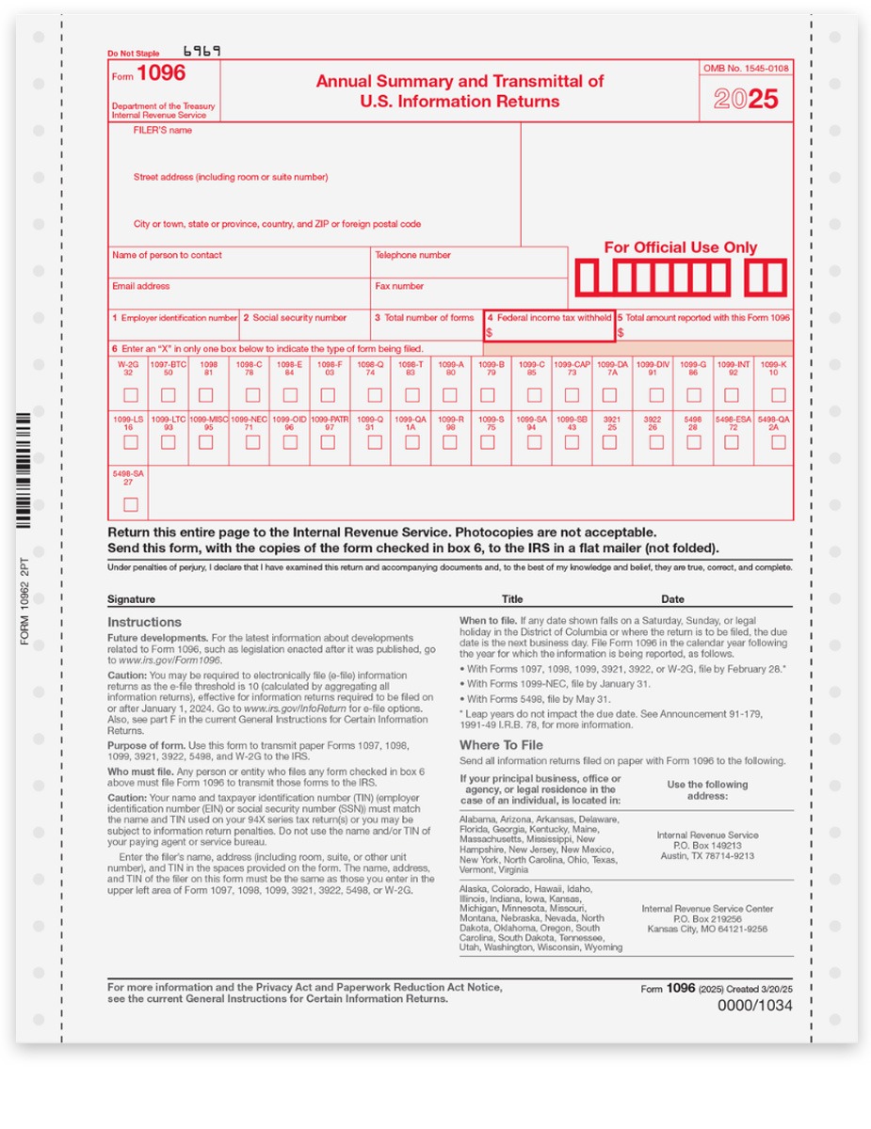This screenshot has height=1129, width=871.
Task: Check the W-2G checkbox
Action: coord(130,395)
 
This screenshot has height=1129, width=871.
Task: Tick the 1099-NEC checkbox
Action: coord(250,442)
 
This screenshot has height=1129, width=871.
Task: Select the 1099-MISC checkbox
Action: coord(209,442)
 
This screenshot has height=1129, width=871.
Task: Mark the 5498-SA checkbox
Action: coord(130,504)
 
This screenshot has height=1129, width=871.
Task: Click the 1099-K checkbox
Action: coord(778,395)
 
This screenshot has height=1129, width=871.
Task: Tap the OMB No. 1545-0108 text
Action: coord(746,69)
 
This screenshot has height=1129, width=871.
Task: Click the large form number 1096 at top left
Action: coord(161,73)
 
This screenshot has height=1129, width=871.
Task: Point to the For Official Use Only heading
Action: coord(680,247)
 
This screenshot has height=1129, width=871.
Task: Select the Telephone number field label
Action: coord(412,255)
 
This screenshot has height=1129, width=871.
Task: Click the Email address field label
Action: coord(141,286)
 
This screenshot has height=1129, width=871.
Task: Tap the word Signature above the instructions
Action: coord(132,599)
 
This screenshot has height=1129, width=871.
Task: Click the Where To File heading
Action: coord(501,745)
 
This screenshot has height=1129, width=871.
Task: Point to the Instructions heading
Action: coord(144,622)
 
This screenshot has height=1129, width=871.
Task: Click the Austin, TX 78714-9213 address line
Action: coord(707,855)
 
